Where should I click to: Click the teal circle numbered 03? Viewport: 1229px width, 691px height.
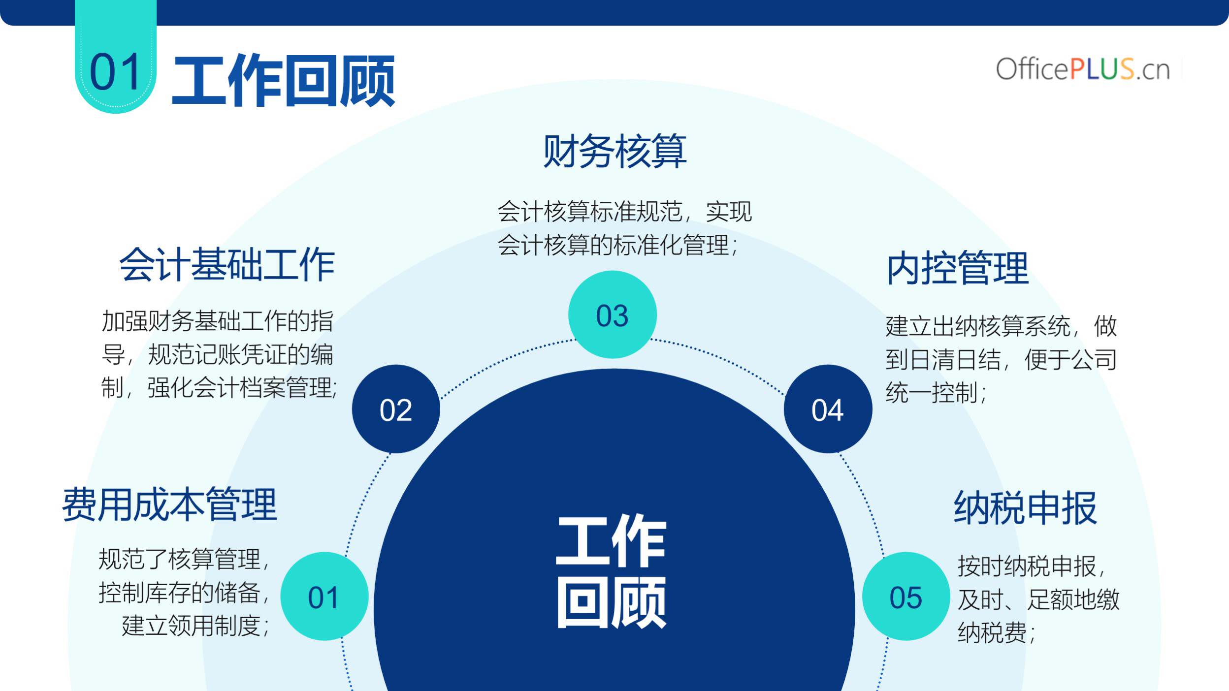[x=612, y=314]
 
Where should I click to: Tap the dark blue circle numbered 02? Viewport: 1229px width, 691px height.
[x=396, y=409]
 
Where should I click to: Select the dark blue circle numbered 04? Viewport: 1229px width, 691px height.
[x=828, y=409]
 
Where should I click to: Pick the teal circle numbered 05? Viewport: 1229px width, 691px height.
[x=906, y=596]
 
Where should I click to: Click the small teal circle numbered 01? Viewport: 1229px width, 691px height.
[x=324, y=596]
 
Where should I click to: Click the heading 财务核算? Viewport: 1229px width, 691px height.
[x=614, y=151]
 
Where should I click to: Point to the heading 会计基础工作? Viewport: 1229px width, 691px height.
[x=227, y=265]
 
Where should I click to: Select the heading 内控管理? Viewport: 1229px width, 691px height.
[x=958, y=268]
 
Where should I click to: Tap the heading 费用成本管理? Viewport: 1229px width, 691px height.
[x=170, y=504]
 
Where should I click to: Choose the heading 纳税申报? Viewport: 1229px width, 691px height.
[x=1025, y=507]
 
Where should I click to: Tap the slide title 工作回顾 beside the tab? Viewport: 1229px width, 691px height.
[x=284, y=80]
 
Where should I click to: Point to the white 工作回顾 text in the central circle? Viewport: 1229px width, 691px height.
[x=612, y=571]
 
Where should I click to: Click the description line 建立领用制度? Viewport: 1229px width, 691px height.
[x=195, y=626]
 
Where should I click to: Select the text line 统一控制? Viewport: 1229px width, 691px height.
[x=936, y=393]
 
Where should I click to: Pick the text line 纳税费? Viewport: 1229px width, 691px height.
[x=997, y=632]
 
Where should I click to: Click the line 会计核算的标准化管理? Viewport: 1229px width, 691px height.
[x=617, y=245]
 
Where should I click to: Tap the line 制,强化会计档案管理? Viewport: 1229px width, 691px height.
[x=219, y=387]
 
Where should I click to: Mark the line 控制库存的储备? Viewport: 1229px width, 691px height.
[x=184, y=593]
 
